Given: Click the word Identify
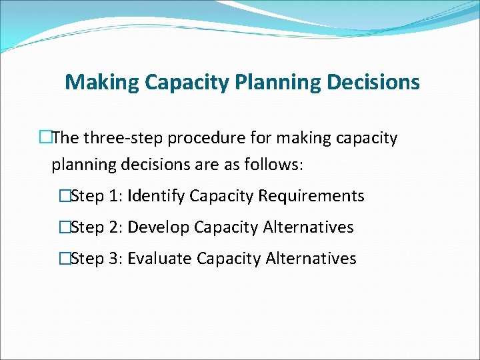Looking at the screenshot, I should pos(156,196).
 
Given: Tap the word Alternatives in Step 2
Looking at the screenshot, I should pos(308,227).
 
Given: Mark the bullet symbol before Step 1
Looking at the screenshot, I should pos(64,196).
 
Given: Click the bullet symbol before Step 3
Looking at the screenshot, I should pos(64,259).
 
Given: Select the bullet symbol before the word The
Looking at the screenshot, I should pos(45,138).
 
